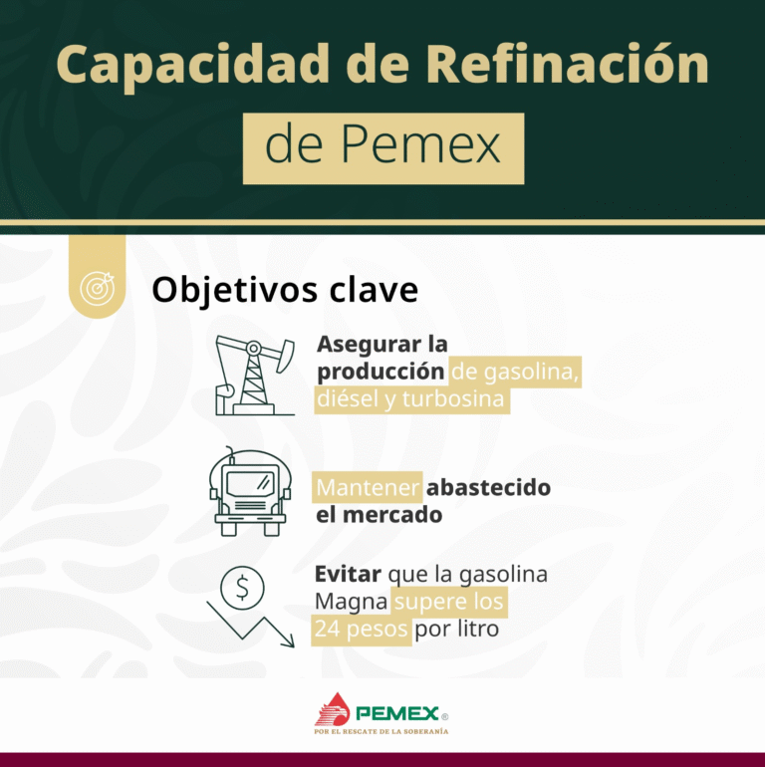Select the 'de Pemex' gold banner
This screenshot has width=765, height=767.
point(383,147)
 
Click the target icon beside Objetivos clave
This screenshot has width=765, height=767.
point(97,288)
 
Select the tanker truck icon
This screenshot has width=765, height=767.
point(245,493)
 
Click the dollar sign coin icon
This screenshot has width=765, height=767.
point(241,589)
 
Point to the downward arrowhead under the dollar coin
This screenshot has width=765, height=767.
point(287,639)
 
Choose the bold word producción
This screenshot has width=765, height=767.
point(381,372)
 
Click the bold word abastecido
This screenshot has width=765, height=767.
point(488,488)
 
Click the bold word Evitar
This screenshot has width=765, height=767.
point(348,575)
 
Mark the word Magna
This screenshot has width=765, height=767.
point(352,603)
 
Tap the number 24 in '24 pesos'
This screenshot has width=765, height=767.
point(327,631)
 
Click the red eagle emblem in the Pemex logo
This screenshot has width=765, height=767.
point(333,709)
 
